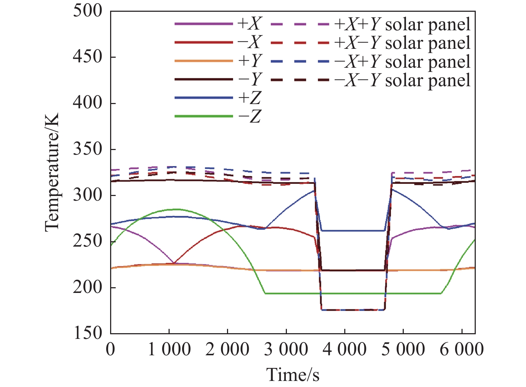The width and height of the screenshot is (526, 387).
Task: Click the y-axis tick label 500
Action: point(87,11)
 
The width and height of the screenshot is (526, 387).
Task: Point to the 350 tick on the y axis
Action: point(87,149)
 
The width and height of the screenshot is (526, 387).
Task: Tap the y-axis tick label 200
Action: point(87,287)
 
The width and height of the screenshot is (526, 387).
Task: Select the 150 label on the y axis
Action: point(87,333)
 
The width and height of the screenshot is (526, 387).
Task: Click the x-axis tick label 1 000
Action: point(169,349)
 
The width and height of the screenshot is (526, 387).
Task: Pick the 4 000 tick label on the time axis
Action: point(344,349)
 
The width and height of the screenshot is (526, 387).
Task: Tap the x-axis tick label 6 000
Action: point(461,349)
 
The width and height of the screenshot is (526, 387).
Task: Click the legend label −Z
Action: point(249,116)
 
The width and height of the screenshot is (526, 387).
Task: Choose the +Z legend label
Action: point(249,98)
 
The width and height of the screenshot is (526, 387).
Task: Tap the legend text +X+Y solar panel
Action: point(402,24)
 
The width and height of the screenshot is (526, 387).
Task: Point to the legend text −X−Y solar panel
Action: point(402,80)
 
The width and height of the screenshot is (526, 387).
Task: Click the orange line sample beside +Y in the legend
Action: point(203,61)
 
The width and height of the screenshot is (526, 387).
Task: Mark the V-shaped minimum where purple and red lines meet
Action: point(174,263)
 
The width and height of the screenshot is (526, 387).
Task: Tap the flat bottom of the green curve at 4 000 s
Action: point(344,293)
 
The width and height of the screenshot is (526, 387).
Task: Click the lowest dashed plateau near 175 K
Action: point(353,310)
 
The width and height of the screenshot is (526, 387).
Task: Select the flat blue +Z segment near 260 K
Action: point(353,231)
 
